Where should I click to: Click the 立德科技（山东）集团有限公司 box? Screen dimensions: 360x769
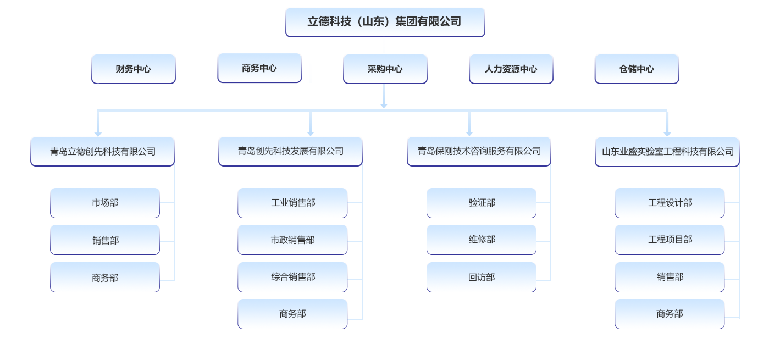385,22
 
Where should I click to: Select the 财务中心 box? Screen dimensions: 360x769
133,69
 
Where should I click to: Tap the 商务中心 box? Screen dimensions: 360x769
259,68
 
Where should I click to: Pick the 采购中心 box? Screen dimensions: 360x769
385,69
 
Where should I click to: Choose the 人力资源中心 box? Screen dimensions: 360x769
511,69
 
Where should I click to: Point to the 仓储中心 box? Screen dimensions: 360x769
637,69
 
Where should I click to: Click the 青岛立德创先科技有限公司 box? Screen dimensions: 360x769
103,151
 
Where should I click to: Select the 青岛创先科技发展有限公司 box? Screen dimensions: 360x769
290,151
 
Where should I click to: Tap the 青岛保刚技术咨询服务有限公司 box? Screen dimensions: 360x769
479,151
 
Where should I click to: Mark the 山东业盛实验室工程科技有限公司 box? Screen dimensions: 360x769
667,151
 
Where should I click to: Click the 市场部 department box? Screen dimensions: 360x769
105,203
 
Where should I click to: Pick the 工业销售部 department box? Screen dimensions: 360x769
292,203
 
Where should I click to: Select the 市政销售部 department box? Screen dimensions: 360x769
292,240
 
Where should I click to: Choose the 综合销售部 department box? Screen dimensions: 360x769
292,277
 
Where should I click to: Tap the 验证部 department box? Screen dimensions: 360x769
482,203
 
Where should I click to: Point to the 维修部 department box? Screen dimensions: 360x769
482,240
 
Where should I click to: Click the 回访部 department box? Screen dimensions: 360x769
482,277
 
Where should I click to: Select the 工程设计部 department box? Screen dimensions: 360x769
670,203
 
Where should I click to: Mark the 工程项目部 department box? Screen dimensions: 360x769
670,240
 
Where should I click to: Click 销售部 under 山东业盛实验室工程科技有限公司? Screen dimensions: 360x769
670,277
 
